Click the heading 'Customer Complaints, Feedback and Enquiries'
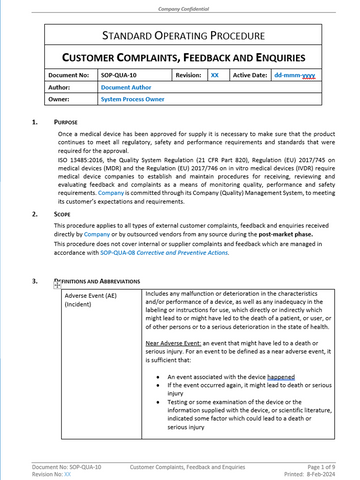tap(180, 60)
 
